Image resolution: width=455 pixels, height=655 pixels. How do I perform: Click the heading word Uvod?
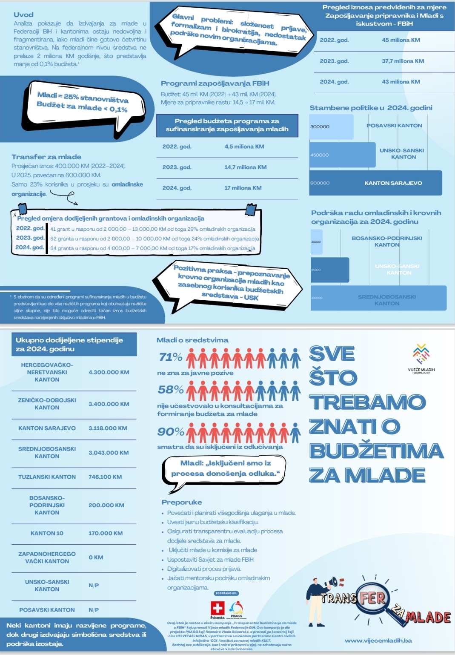(23, 14)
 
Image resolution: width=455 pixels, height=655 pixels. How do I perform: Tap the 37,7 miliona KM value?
(403, 61)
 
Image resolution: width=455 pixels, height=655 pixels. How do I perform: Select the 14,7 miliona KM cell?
(245, 167)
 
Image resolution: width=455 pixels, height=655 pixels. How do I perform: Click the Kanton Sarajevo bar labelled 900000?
(375, 183)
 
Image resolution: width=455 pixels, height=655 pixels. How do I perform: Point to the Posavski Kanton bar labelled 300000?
(331, 126)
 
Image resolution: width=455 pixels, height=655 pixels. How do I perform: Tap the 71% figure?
(171, 357)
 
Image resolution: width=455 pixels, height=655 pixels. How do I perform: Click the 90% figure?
(171, 431)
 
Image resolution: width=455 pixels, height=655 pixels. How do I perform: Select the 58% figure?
(171, 389)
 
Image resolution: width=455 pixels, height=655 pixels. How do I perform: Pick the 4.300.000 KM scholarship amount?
(109, 372)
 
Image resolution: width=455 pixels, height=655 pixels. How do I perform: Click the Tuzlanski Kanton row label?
(47, 477)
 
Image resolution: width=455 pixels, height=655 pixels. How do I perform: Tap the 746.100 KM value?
(105, 477)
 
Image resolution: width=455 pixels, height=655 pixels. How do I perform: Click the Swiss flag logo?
(217, 608)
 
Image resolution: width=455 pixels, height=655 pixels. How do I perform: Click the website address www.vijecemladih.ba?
(378, 641)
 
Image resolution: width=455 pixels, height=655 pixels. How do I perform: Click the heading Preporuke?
(182, 502)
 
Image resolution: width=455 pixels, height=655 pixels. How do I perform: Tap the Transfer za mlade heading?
(46, 157)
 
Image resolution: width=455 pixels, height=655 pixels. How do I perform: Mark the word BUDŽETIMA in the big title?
(377, 451)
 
